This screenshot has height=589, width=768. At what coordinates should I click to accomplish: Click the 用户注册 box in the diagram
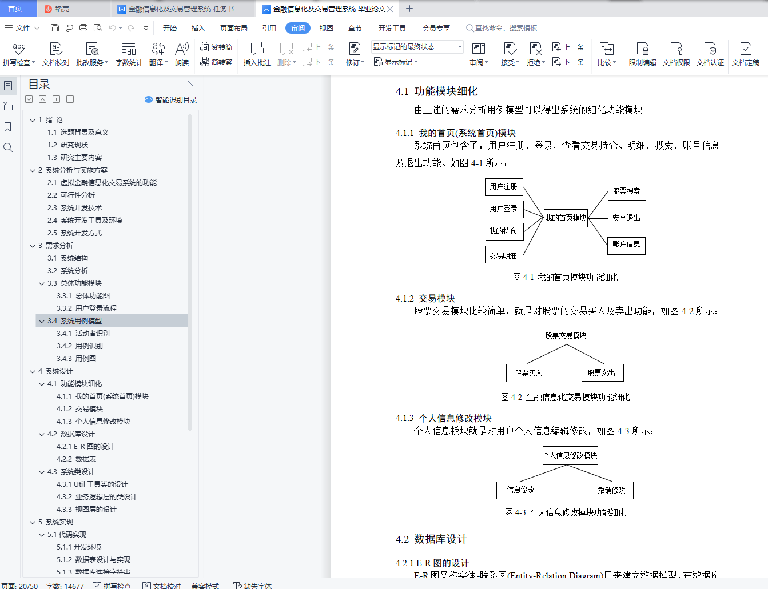coord(504,187)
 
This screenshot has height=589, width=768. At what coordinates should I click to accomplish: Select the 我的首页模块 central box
coord(566,218)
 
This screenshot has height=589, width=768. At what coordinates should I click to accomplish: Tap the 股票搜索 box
coord(626,191)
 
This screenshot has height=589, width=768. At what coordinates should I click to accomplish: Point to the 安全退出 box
coord(626,218)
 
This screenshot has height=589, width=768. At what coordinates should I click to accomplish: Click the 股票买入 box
coord(528,373)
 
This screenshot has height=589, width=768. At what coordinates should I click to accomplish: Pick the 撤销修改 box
coord(611,490)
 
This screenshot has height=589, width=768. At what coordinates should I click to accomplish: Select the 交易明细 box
coord(503,256)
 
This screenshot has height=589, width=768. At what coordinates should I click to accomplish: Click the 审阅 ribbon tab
coord(298,28)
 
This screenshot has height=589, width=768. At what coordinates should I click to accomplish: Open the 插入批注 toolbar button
coord(257,54)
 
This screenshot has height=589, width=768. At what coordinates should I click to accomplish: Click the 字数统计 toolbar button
coord(129,54)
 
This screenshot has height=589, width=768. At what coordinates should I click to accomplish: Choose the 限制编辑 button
coord(642,54)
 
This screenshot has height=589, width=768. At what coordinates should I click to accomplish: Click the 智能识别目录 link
coord(172,99)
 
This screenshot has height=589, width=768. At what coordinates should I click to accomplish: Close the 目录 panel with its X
coord(191,84)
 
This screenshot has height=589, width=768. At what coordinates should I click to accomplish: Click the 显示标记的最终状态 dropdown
coord(417,47)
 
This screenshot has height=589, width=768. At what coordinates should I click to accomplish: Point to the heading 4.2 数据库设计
coord(432,539)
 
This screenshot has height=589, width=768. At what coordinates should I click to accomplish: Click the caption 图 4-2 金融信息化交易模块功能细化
coord(565,397)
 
